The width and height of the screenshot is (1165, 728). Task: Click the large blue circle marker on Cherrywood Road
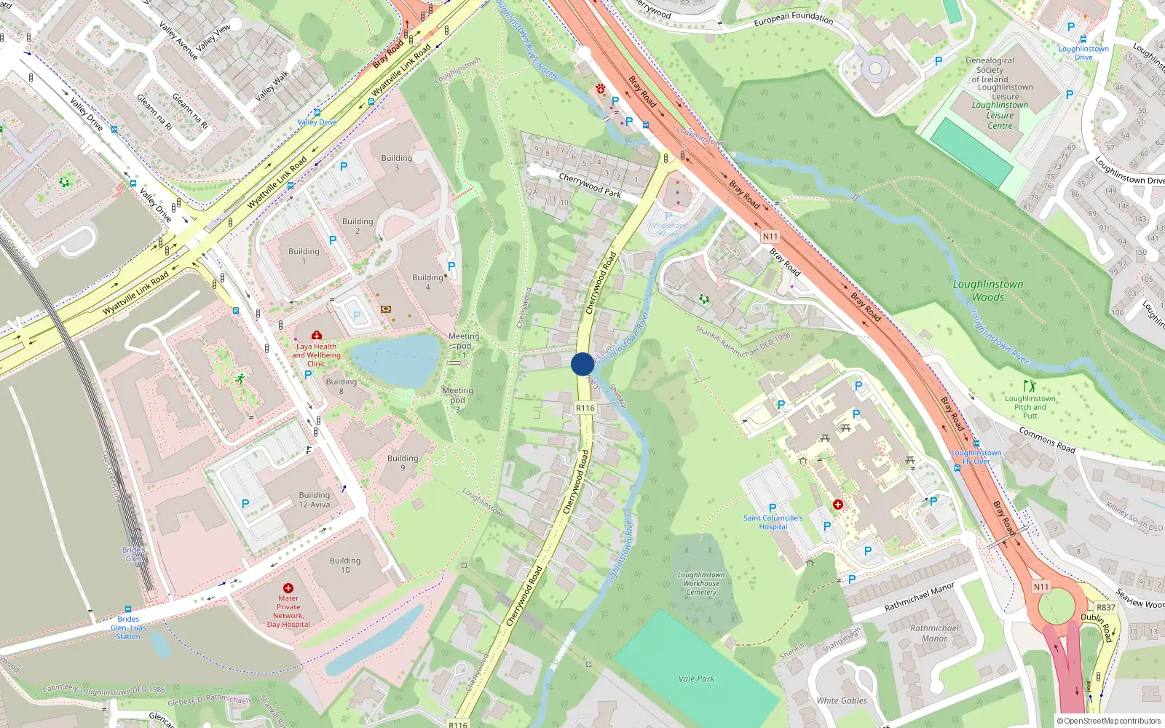tap(582, 364)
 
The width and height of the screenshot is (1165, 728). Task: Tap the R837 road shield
tap(1105, 607)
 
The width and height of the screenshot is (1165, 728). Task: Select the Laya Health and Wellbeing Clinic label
tap(316, 355)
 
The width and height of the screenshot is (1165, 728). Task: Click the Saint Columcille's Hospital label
tap(773, 522)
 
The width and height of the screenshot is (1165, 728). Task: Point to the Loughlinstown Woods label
tap(988, 290)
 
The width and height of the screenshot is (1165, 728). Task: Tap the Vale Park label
tap(696, 678)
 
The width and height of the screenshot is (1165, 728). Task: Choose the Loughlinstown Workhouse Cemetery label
tap(701, 583)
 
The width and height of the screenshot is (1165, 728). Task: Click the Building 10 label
tap(345, 565)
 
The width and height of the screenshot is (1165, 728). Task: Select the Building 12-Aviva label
tap(315, 499)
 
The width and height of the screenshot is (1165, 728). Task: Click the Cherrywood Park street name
tap(590, 185)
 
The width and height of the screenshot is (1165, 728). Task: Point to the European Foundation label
tap(793, 18)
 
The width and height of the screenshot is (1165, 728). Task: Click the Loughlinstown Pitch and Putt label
tap(1030, 407)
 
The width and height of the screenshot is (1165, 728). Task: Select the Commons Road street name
tap(1046, 440)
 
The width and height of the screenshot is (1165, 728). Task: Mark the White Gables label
tap(842, 700)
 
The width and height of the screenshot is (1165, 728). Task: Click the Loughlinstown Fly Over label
tap(976, 456)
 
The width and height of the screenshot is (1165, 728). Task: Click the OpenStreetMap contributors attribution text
tap(1108, 721)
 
